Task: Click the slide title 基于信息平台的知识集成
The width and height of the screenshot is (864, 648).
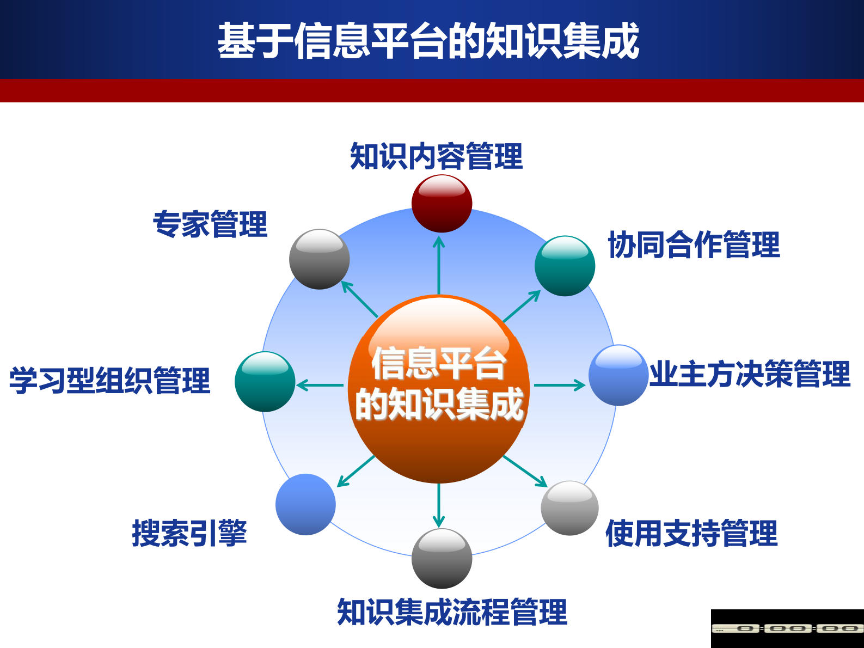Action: pos(428,41)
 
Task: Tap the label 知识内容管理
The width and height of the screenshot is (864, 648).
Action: pos(436,156)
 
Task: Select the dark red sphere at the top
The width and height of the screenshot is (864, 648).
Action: pos(442,204)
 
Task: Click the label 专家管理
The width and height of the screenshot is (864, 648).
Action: pos(210,224)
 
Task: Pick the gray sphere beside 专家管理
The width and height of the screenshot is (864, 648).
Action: pos(320,259)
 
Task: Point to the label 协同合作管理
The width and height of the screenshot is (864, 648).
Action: pos(694,244)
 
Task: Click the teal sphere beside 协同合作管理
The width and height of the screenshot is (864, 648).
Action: pos(565,266)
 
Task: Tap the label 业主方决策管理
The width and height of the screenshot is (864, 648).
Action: pos(750,374)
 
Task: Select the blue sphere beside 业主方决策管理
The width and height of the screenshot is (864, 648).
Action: pos(618,375)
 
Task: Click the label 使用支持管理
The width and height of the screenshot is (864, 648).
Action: pos(691,533)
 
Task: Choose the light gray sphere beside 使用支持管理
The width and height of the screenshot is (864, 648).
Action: pos(569,508)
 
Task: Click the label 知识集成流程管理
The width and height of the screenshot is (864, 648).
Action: pos(452,612)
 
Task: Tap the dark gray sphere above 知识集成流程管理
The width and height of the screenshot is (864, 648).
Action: pos(442,558)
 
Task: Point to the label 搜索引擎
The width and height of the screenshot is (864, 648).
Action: pos(189,533)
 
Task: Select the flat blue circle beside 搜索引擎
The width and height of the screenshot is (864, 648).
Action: pos(305,504)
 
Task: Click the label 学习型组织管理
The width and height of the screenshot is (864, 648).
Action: pos(109,380)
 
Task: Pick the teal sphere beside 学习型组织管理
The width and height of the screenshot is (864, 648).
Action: pos(265,382)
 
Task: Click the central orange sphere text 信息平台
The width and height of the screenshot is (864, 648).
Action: pos(439,364)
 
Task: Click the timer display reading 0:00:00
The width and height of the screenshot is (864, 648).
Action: pos(787,628)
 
